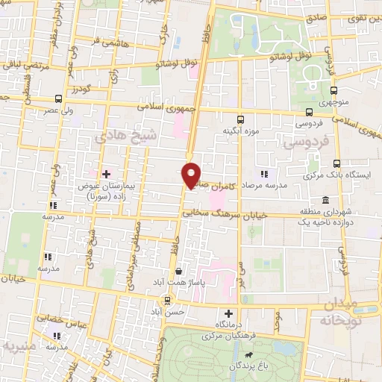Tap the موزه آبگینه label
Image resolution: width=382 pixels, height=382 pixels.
pyautogui.click(x=240, y=131)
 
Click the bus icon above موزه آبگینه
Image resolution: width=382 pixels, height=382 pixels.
pyautogui.click(x=240, y=119)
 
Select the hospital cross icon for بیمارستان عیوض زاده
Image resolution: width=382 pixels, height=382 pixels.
pyautogui.click(x=107, y=174)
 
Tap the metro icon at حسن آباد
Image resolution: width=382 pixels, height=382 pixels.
pyautogui.click(x=166, y=300)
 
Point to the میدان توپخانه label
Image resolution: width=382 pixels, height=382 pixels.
pyautogui.click(x=352, y=311)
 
